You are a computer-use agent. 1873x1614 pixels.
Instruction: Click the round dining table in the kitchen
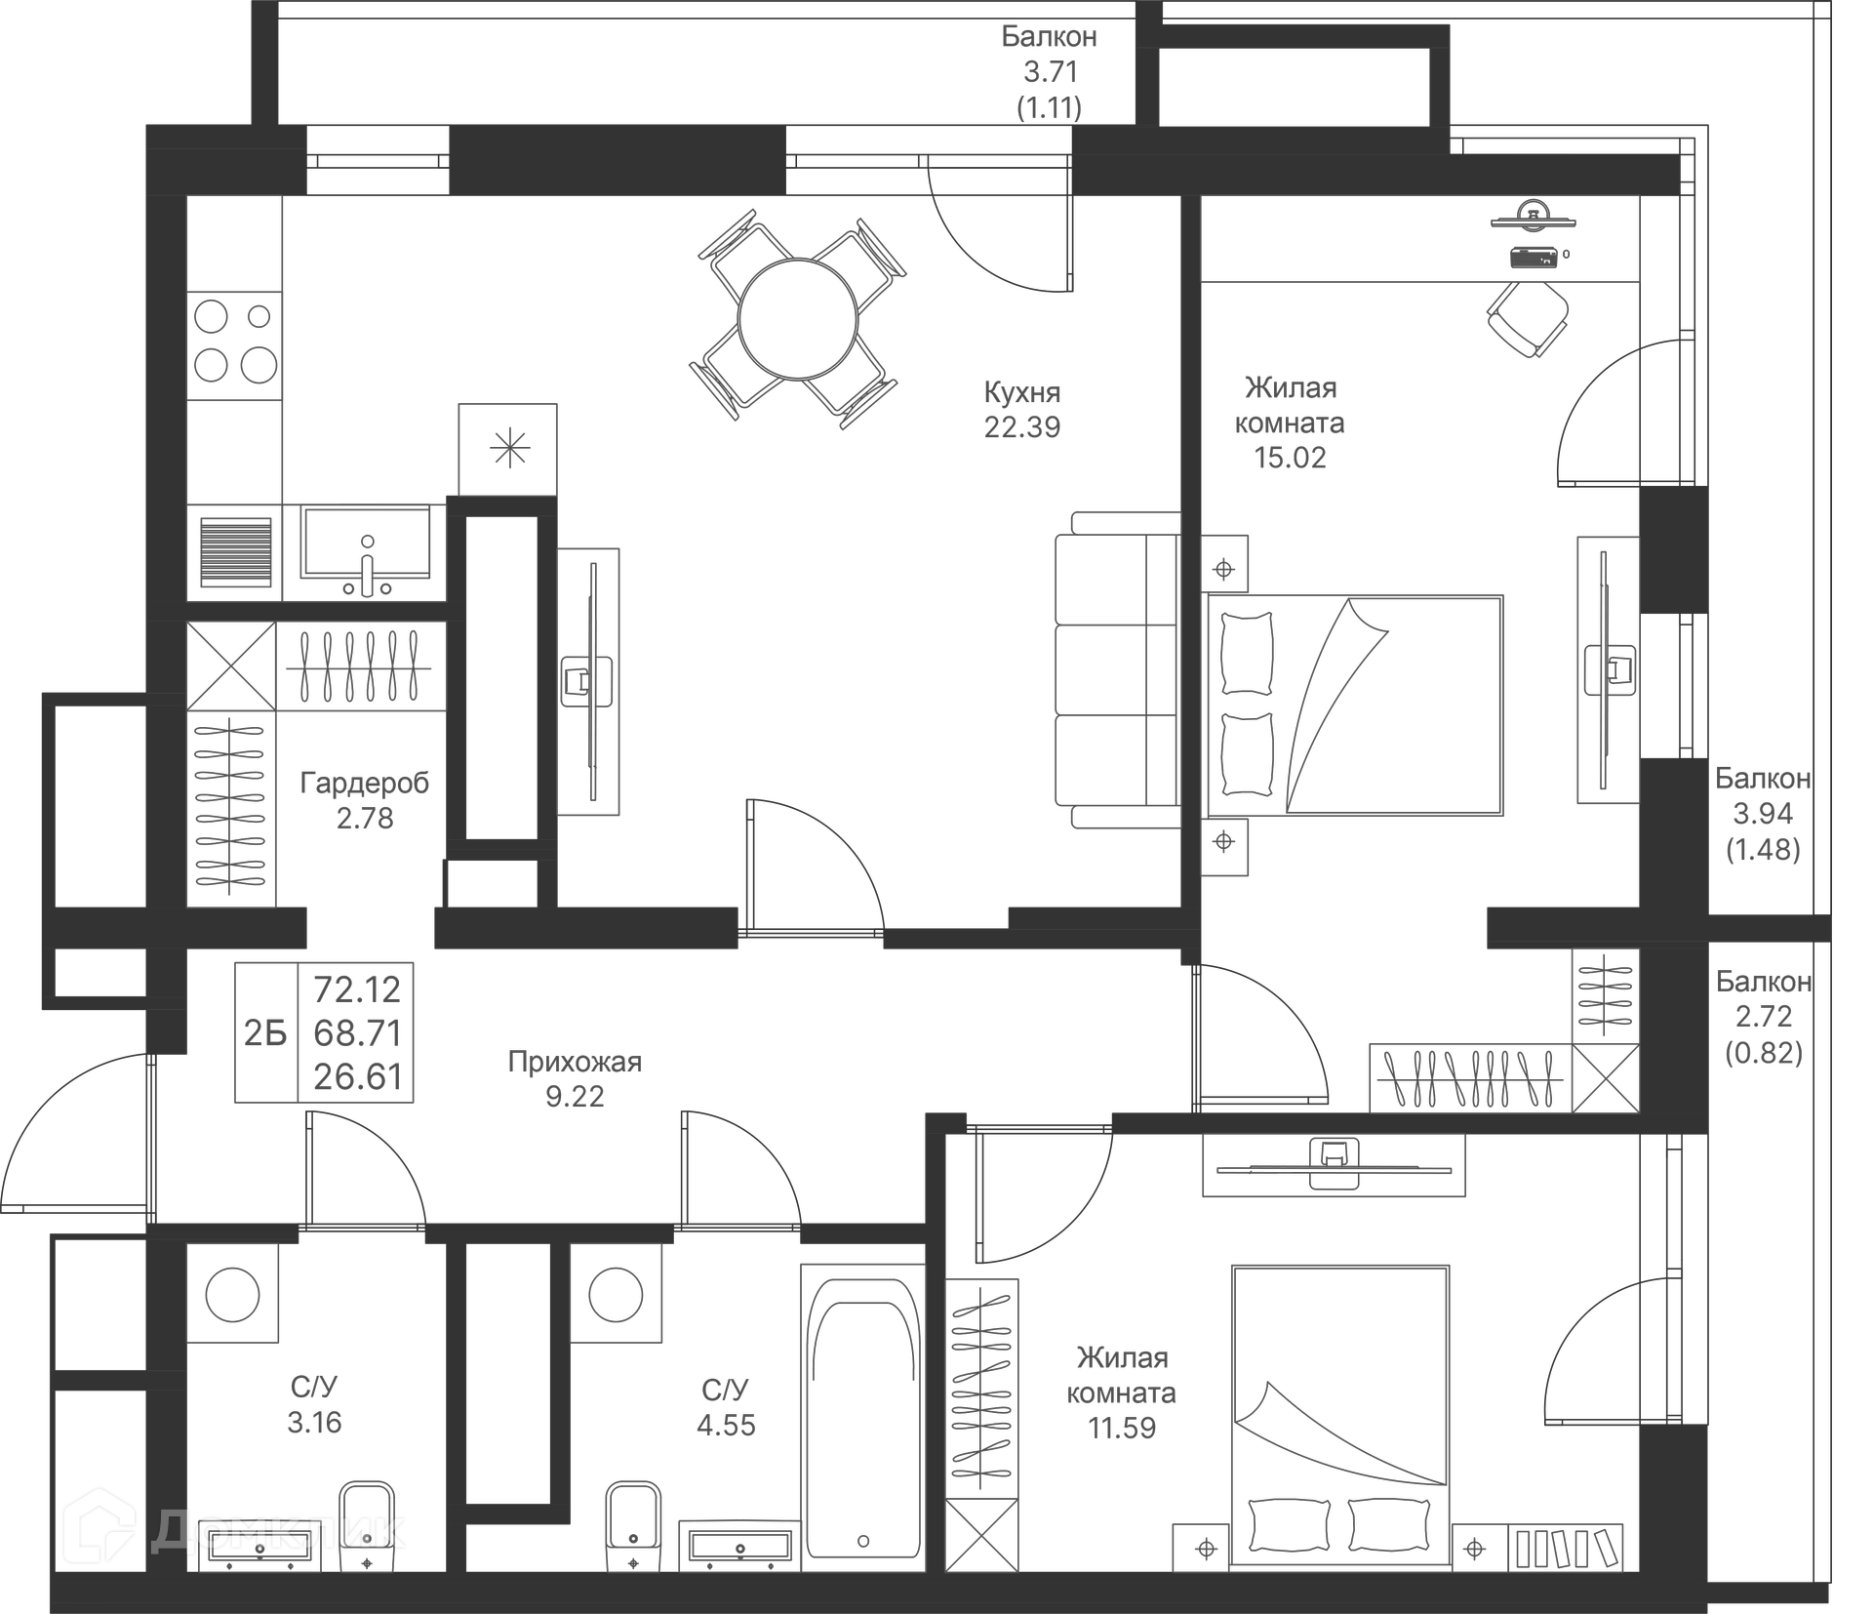coord(798,319)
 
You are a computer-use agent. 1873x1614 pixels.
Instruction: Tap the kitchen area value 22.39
coord(1022,427)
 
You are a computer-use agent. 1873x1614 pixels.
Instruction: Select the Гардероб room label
coord(365,783)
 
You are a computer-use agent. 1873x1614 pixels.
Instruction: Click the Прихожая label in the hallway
coord(575,1062)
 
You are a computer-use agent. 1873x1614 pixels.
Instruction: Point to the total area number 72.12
coord(357,989)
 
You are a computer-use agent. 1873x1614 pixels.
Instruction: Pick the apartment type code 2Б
coord(265,1032)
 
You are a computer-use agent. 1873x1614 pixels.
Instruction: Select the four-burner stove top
coord(235,342)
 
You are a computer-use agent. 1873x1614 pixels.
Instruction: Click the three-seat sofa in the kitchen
coord(1118,670)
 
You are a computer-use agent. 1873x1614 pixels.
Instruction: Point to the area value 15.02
coord(1290,458)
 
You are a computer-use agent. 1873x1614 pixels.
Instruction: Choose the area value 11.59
coord(1122,1428)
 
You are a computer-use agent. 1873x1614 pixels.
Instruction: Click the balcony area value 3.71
coord(1051,71)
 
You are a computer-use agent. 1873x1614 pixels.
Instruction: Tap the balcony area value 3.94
coord(1763,813)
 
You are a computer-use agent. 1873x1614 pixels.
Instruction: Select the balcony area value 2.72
coord(1764,1016)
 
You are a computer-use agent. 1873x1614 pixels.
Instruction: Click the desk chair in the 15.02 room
coord(1528,318)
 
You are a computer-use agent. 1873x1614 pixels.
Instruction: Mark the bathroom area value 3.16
coord(314,1422)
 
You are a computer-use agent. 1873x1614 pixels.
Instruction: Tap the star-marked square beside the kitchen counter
coord(508,449)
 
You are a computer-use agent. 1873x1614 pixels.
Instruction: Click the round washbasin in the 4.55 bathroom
coord(616,1295)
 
